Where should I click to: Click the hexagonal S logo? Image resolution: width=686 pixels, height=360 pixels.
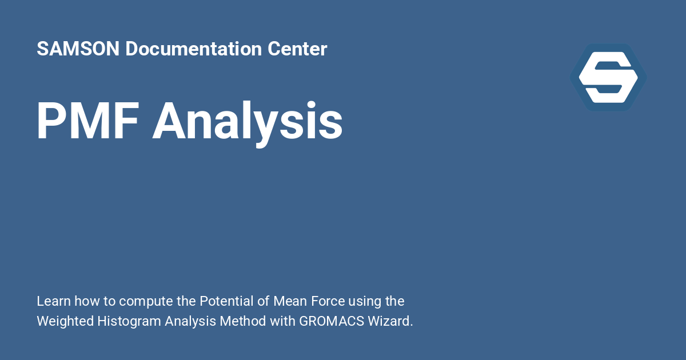[608, 77]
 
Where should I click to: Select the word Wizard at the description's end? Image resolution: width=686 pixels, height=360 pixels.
[392, 321]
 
